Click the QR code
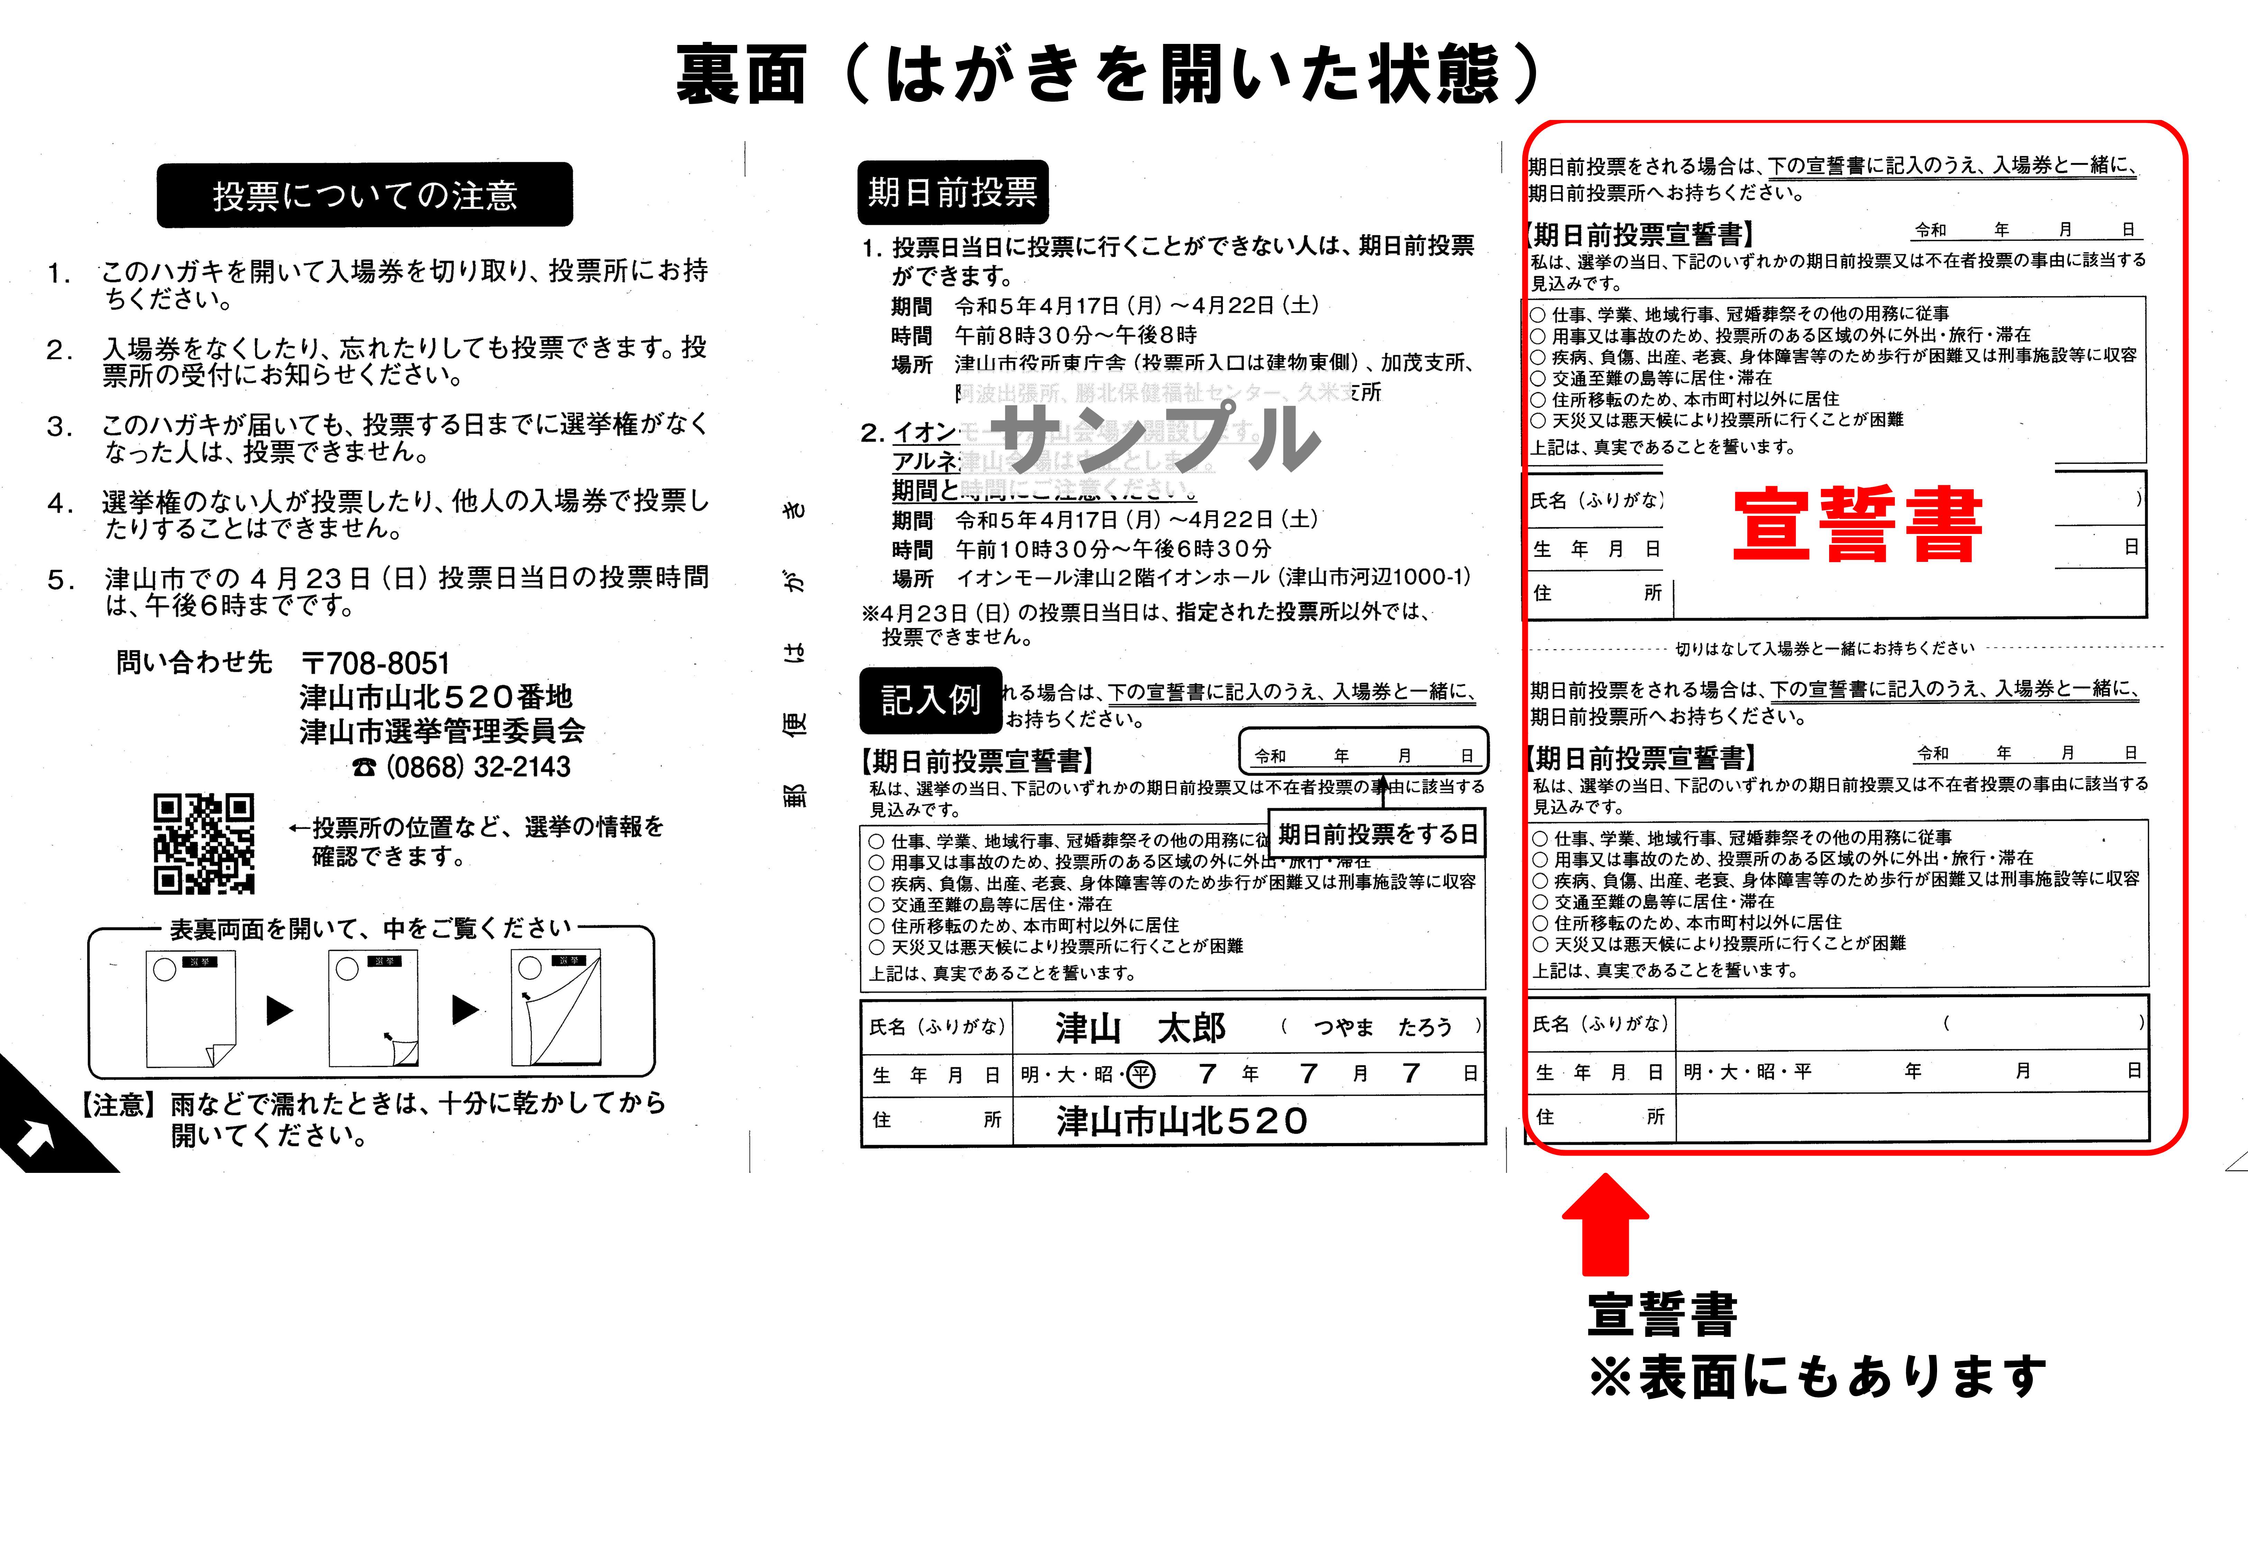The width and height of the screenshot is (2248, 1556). pos(204,843)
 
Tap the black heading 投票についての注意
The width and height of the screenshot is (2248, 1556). pos(365,195)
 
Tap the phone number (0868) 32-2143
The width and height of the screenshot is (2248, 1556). pos(461,767)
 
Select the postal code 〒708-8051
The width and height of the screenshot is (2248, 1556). pos(376,664)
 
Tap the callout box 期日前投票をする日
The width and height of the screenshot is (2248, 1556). pos(1377,834)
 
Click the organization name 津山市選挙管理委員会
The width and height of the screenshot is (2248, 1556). pos(442,731)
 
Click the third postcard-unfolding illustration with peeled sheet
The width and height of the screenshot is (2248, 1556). pos(556,1008)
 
